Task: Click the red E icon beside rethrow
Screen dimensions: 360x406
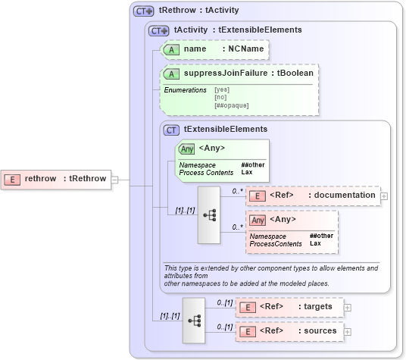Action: coord(12,180)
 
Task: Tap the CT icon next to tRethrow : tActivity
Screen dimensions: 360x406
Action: coord(143,11)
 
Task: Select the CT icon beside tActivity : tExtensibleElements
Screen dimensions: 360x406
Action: coord(159,30)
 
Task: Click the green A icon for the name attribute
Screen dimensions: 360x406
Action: coord(172,49)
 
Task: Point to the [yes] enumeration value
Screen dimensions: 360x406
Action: coord(221,90)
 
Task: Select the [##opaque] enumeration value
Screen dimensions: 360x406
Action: coord(232,105)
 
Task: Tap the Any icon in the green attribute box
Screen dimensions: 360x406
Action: coord(186,149)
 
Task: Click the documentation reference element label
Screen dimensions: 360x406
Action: coord(345,196)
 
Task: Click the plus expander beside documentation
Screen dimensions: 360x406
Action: coord(384,196)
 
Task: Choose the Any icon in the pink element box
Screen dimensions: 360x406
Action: coord(258,221)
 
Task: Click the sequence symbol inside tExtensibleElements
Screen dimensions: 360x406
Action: coord(208,215)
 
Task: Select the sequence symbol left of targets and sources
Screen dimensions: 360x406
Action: coord(194,320)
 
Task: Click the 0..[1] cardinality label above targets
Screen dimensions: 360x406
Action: coord(224,303)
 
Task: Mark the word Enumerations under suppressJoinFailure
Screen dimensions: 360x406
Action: coord(186,90)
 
